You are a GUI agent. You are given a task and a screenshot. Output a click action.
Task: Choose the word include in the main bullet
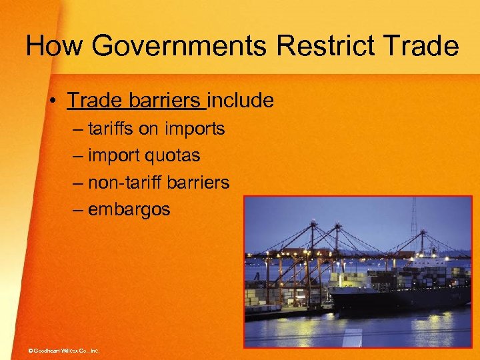pos(241,101)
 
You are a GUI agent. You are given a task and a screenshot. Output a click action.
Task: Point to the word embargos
pos(129,209)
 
